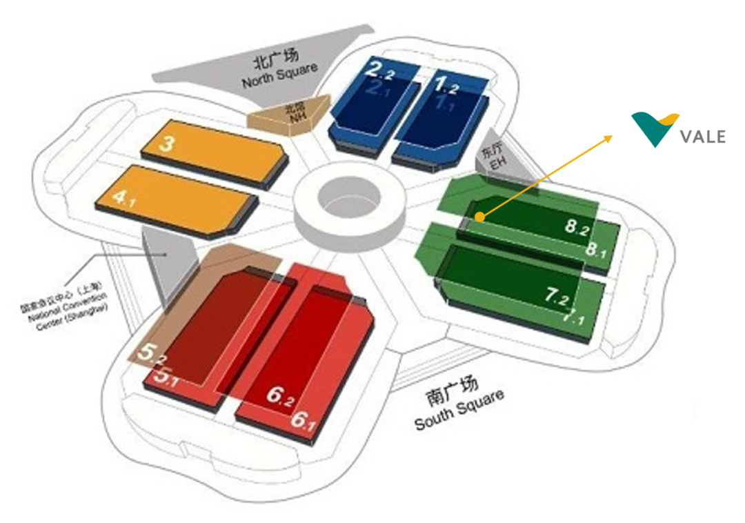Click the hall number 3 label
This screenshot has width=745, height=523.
pyautogui.click(x=166, y=144)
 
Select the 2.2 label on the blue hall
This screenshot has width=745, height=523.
pyautogui.click(x=380, y=70)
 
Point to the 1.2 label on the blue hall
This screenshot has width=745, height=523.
pyautogui.click(x=447, y=85)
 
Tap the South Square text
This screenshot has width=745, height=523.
pyautogui.click(x=458, y=407)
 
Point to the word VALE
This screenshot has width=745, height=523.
pyautogui.click(x=702, y=137)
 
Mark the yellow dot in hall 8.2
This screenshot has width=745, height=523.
pyautogui.click(x=478, y=217)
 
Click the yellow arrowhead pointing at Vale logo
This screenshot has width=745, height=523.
pyautogui.click(x=608, y=138)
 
